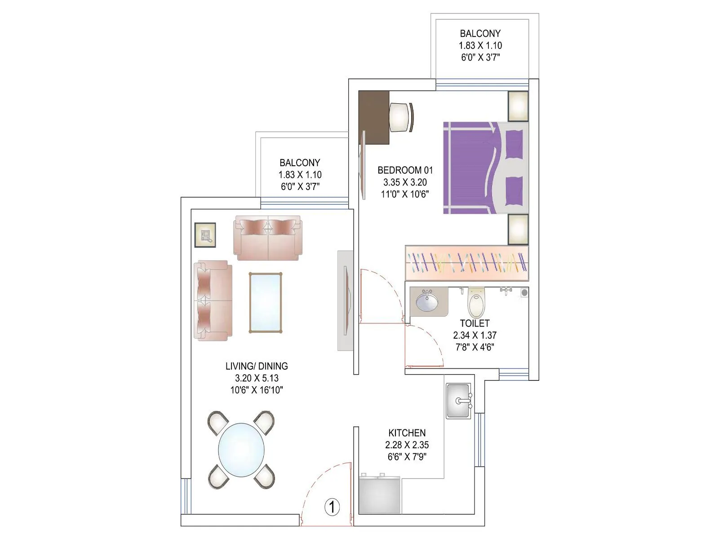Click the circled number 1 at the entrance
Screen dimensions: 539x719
(332, 507)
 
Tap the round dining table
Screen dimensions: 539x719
(242, 450)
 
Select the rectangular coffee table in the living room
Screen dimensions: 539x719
(266, 302)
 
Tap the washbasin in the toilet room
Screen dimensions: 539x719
(427, 301)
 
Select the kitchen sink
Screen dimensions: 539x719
(458, 401)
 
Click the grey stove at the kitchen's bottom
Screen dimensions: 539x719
(380, 494)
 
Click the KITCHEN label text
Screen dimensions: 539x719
(407, 433)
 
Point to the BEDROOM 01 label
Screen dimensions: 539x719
(405, 170)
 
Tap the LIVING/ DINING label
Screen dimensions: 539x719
(257, 366)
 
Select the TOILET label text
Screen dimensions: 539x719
(475, 323)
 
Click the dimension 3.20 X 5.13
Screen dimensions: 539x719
(257, 378)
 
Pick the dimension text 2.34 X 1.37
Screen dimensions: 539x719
(475, 335)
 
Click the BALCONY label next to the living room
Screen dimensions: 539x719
(300, 163)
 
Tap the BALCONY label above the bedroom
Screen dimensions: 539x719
(480, 33)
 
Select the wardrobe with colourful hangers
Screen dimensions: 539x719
(466, 263)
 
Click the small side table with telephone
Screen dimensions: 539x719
(205, 235)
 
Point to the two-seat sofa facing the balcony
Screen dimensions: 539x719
(268, 238)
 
